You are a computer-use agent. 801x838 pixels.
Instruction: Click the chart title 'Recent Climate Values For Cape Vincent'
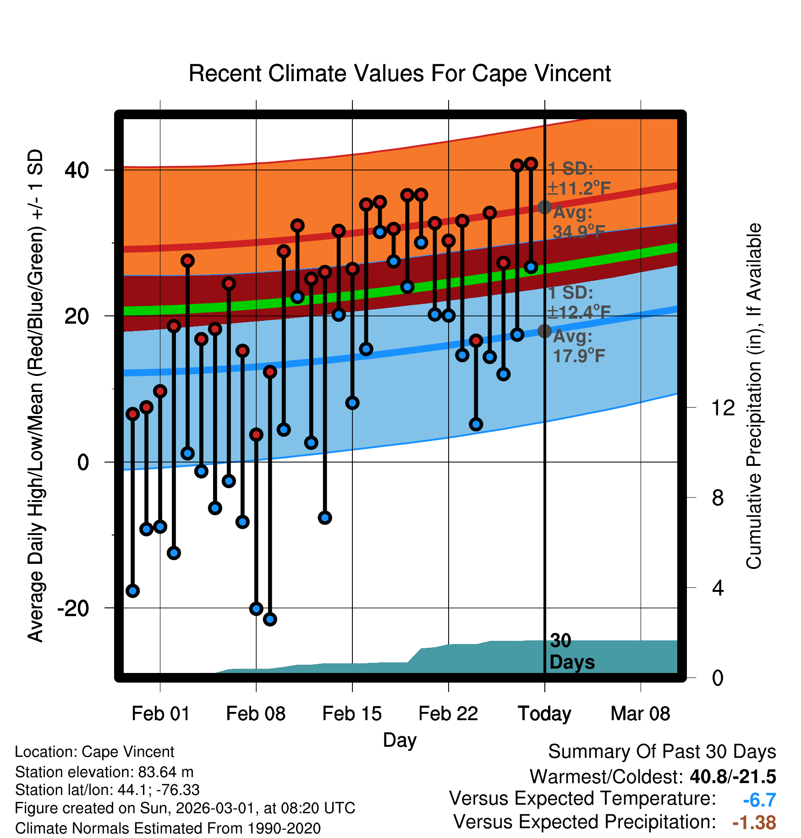400,73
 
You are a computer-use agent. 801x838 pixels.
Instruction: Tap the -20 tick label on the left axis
73,608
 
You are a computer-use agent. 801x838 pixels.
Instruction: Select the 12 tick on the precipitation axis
723,408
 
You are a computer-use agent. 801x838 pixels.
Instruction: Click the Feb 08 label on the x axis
256,714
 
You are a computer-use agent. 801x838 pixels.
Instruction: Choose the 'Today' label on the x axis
544,714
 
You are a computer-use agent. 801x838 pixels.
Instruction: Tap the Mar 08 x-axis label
640,714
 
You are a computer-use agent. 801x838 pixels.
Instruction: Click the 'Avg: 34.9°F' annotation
578,222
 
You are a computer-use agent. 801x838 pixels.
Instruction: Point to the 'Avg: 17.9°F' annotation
578,346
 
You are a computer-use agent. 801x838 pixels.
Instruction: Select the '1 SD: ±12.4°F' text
578,303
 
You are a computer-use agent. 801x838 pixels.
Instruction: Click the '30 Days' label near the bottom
571,651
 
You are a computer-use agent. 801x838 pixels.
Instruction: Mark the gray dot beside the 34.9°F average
544,207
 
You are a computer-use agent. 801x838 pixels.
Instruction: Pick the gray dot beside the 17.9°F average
544,331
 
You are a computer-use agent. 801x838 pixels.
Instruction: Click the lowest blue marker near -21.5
270,619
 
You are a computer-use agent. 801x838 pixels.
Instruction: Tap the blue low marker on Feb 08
256,609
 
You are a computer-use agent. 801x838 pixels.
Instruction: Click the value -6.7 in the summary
759,800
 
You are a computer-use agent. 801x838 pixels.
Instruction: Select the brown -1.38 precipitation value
754,822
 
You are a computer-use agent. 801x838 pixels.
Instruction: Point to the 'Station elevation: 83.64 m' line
104,772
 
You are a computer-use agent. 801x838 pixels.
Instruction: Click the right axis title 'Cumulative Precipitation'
754,396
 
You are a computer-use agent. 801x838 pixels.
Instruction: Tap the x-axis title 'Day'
400,740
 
